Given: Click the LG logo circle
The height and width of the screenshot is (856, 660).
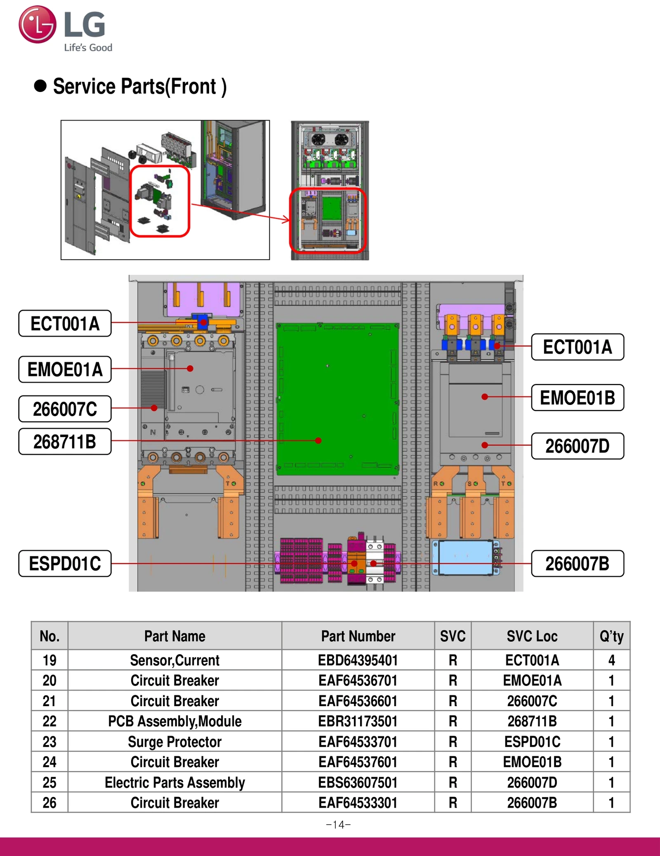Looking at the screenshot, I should (37, 24).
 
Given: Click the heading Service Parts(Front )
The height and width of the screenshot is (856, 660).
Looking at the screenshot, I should (139, 87).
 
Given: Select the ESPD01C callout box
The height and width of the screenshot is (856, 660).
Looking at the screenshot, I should (65, 563).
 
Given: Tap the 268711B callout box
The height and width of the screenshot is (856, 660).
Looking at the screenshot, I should (65, 442).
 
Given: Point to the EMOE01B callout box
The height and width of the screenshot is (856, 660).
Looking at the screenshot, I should (577, 398).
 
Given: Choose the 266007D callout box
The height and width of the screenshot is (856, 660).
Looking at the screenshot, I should (577, 446).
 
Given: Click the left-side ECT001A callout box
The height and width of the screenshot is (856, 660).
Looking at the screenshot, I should (65, 324).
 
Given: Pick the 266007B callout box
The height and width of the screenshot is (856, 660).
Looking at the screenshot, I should (577, 563).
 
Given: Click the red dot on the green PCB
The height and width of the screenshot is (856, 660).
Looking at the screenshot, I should (318, 441).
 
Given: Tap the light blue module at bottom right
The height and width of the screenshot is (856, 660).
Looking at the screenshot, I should (465, 557).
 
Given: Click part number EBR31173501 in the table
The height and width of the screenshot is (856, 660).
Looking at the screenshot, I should (358, 721).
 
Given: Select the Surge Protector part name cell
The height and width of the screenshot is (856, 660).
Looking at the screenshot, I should (174, 742).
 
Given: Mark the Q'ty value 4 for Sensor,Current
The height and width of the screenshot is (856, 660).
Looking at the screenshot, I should (611, 660).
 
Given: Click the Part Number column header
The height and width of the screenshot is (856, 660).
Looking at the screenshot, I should (358, 636).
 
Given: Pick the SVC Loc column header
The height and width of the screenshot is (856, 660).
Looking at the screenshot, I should (532, 636).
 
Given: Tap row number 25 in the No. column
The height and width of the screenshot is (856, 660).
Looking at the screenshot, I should (49, 782).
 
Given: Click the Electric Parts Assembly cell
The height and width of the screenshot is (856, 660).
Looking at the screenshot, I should (174, 782).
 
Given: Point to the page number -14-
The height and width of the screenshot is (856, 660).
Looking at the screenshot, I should (338, 825).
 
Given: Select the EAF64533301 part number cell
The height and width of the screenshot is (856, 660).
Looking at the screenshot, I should (358, 803).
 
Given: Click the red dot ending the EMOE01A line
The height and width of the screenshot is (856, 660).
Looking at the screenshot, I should (190, 369).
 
